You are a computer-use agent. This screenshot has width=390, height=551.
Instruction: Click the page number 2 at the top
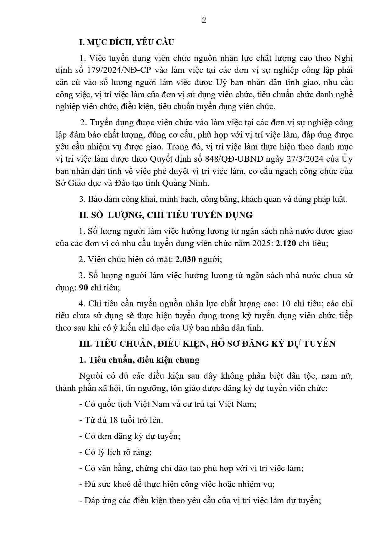[204, 20]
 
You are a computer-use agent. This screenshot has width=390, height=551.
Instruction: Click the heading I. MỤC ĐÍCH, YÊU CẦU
[126, 42]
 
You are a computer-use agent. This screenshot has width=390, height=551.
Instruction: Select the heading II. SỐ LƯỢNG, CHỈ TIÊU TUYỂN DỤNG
[166, 215]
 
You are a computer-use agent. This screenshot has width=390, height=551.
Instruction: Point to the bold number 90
[83, 288]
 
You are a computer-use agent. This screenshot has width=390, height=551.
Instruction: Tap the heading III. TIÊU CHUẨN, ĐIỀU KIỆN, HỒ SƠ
[207, 344]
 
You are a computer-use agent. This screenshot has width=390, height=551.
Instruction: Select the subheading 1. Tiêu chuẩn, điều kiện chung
[139, 360]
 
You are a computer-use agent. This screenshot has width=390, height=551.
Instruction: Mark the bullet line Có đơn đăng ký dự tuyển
[130, 436]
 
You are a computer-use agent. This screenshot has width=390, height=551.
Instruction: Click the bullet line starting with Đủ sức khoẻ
[177, 484]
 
